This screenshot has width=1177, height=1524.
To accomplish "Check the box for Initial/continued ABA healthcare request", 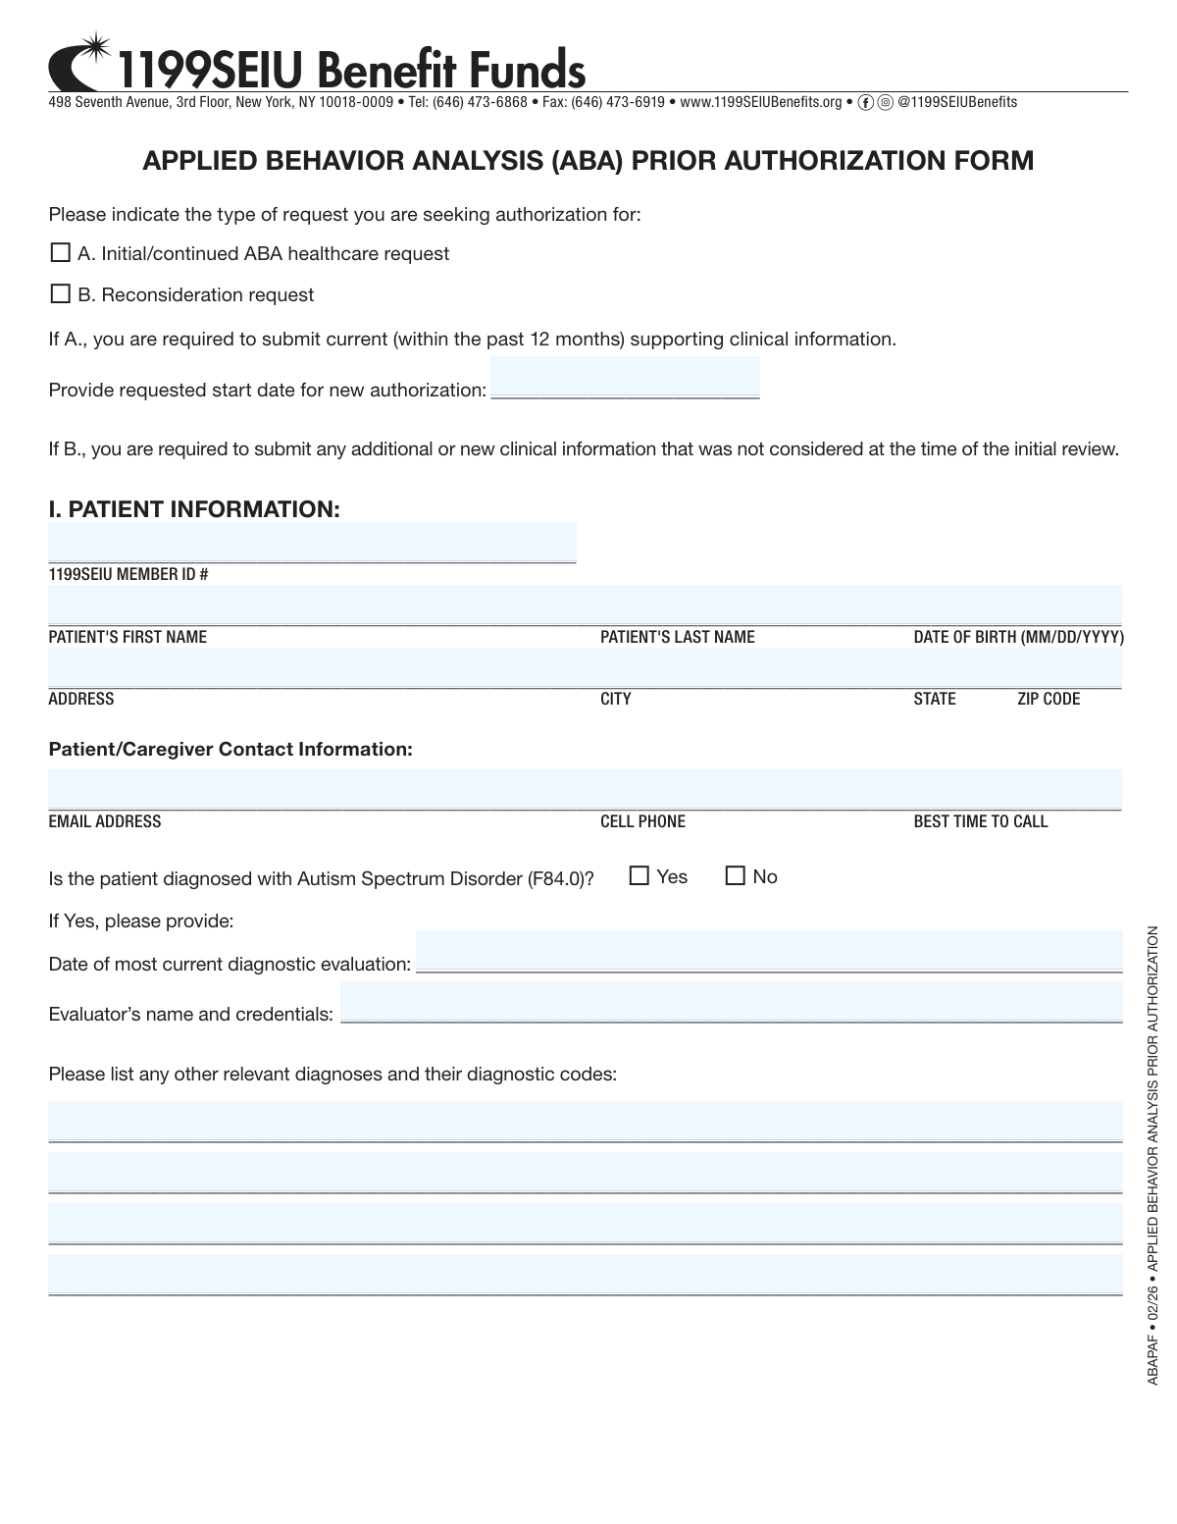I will click(x=60, y=253).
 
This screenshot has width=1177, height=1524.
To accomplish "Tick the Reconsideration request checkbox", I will click(x=60, y=294).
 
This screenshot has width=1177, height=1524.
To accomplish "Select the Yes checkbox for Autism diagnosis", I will click(x=640, y=875).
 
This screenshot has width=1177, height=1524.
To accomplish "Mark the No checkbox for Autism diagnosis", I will click(x=736, y=875).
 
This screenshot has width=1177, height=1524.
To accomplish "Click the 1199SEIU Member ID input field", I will click(x=312, y=543).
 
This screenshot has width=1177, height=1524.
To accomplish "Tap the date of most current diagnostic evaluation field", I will click(x=769, y=951).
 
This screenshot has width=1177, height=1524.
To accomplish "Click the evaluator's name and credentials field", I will click(x=731, y=1002).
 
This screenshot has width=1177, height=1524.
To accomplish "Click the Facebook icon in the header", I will click(x=865, y=102).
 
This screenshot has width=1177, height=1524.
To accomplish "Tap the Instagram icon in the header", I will click(x=885, y=102).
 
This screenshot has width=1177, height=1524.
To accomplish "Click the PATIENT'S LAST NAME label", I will click(x=678, y=637).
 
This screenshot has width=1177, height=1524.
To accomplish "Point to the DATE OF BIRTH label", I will click(x=1018, y=637).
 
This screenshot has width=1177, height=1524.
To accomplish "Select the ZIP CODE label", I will click(x=1049, y=699).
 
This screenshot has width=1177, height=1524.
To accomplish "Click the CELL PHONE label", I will click(x=642, y=821).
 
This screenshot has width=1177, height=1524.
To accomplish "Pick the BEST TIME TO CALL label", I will click(x=981, y=821).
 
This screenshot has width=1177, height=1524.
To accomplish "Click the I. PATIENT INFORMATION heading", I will click(x=194, y=509).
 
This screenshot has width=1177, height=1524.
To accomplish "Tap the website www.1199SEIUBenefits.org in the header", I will click(x=760, y=102).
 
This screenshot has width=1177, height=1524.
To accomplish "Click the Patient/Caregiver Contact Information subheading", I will click(x=230, y=749).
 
